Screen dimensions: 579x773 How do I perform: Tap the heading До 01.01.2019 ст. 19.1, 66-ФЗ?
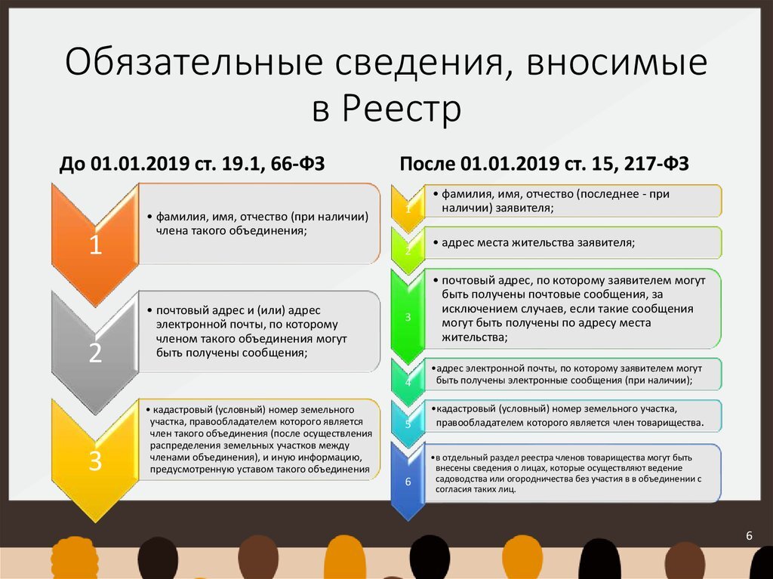coord(192,164)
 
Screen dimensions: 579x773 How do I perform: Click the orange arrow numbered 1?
coord(95,243)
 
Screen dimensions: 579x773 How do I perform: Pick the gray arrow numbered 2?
coord(95,352)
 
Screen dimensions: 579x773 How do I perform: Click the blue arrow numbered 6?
coord(408,481)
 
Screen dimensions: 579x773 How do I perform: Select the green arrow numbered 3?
coord(408,317)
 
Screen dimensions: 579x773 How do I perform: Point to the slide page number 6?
coord(749,536)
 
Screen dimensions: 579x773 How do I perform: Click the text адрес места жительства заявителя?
coord(534,243)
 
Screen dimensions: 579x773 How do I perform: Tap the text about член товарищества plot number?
coord(569,416)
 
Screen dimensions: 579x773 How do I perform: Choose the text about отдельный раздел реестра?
coord(568,473)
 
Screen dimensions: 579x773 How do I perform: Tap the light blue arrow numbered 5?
coord(408,423)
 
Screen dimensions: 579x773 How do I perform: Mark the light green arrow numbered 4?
coord(408,380)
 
